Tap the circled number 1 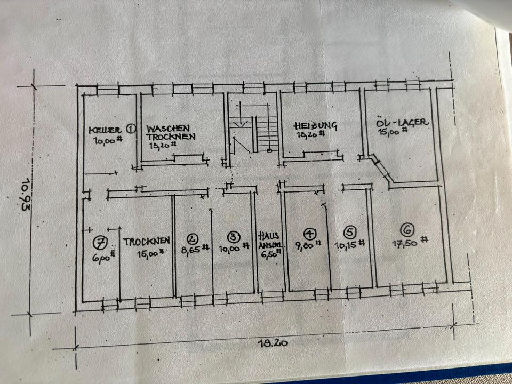coord(131,129)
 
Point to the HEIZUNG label coord(315,126)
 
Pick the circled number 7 coord(99,243)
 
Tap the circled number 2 coord(192,238)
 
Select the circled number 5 coord(350,233)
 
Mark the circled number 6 coord(407,230)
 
